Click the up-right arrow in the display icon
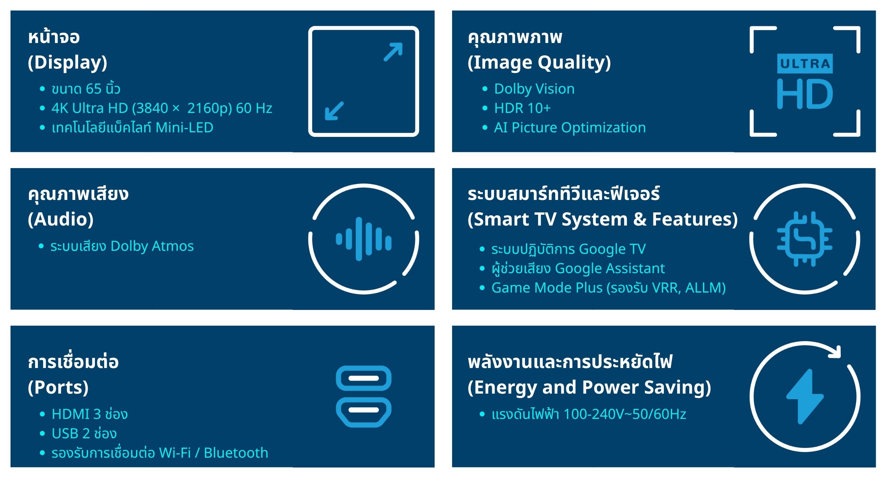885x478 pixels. (393, 52)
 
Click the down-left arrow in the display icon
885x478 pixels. (334, 111)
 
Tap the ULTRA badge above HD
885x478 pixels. (805, 64)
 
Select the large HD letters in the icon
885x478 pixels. (805, 94)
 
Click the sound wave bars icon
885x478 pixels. (363, 239)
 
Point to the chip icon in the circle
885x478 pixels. (805, 239)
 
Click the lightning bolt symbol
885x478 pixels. (805, 397)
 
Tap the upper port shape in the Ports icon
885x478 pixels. (363, 378)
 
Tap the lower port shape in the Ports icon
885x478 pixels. (363, 412)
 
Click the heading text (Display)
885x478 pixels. (68, 62)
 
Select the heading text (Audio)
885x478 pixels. (61, 219)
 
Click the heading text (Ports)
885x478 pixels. (58, 388)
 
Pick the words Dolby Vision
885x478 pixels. (534, 89)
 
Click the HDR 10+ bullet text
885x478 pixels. (522, 108)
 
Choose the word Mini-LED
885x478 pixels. (184, 127)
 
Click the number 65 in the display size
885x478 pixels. (93, 89)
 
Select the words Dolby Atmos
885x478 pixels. (152, 246)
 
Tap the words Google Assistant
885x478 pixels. (610, 269)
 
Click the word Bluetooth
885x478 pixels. (236, 453)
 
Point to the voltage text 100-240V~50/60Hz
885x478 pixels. (624, 414)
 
